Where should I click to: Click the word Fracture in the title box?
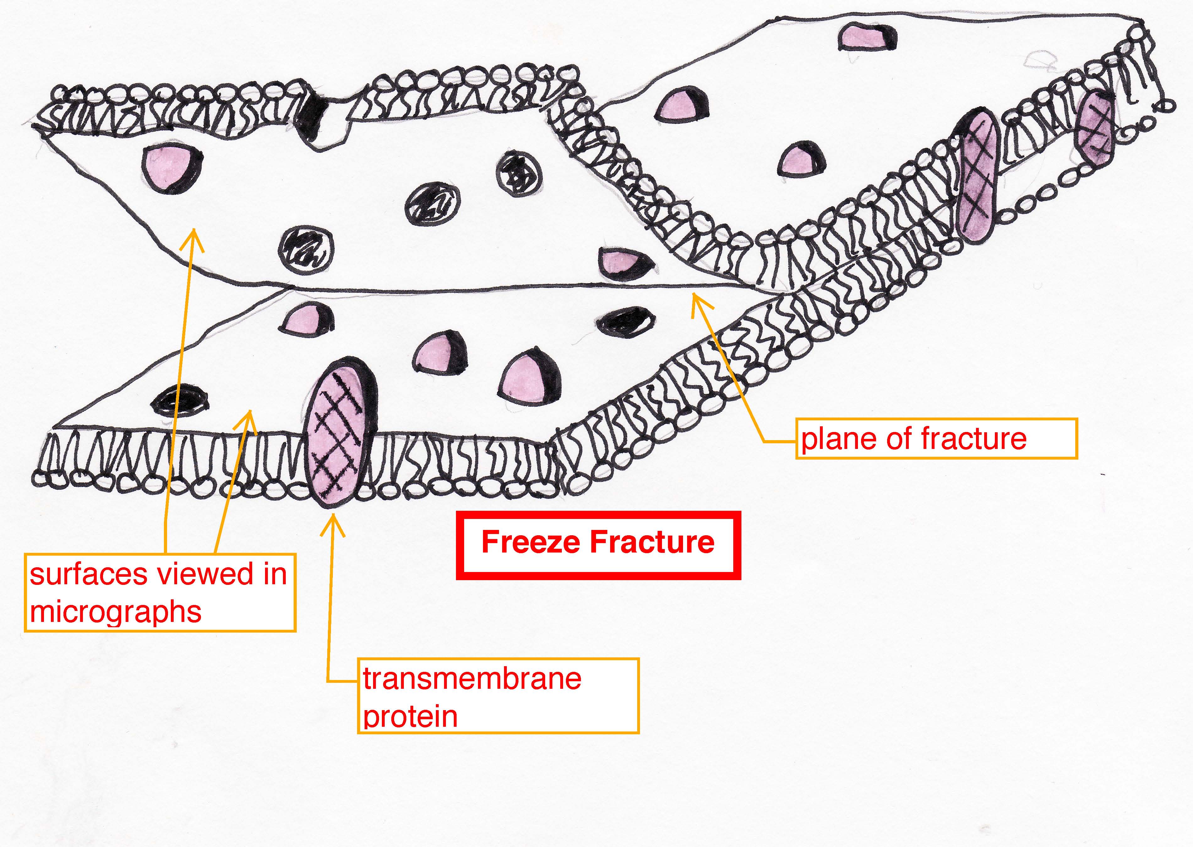click(x=652, y=542)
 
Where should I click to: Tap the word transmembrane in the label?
click(x=472, y=679)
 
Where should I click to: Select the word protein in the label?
click(x=410, y=717)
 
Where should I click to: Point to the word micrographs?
click(x=116, y=612)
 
